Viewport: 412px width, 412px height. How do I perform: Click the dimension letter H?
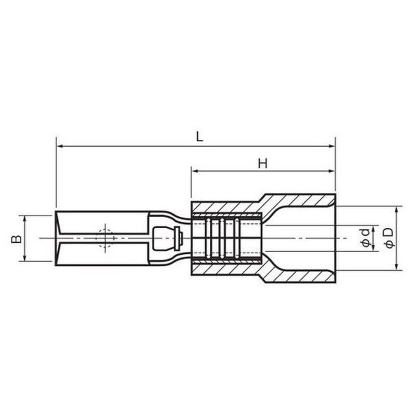click(262, 164)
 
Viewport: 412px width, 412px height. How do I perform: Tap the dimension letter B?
click(16, 239)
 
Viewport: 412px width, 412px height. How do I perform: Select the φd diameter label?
click(365, 238)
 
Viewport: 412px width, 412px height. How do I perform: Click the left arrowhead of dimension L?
click(60, 146)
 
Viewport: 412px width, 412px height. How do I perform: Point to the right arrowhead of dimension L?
click(332, 146)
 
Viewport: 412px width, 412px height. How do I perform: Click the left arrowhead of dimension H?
click(195, 171)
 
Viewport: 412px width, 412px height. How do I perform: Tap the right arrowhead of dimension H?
click(332, 171)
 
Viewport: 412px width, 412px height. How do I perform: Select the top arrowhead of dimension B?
click(25, 219)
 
